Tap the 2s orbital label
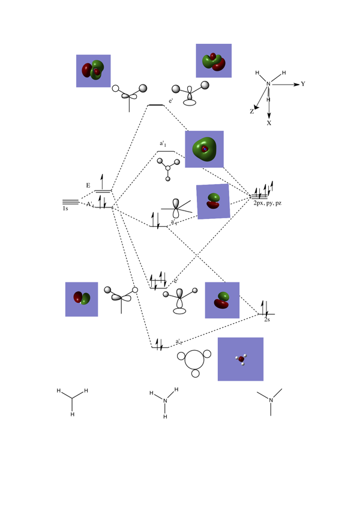pyautogui.click(x=268, y=321)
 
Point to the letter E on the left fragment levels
pyautogui.click(x=88, y=186)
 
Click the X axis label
pyautogui.click(x=269, y=122)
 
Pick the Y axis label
pyautogui.click(x=303, y=85)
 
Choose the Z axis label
pyautogui.click(x=252, y=112)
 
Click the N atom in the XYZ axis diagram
pyautogui.click(x=268, y=84)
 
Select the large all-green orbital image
pyautogui.click(x=204, y=149)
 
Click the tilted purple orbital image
pyautogui.click(x=213, y=201)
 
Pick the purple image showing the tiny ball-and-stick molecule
pyautogui.click(x=241, y=359)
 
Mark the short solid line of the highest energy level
pyautogui.click(x=156, y=105)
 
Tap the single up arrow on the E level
pyautogui.click(x=101, y=181)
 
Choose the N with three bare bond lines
pyautogui.click(x=271, y=400)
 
